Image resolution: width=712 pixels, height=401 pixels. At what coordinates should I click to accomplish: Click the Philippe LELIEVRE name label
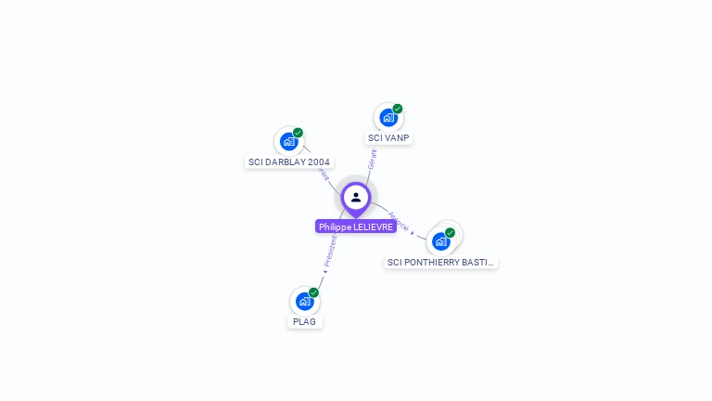356,226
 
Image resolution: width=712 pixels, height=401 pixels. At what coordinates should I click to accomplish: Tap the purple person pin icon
356,198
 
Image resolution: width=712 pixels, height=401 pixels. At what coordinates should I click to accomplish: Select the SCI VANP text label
388,138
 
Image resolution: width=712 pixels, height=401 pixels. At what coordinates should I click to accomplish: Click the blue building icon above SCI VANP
388,118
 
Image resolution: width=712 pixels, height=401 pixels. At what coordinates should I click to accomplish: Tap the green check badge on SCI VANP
398,109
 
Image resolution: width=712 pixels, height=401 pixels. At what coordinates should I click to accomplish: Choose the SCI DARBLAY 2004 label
289,162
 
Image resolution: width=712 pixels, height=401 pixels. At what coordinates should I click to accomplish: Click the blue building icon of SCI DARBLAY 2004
288,142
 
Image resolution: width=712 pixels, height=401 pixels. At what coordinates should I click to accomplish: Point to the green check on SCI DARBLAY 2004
299,133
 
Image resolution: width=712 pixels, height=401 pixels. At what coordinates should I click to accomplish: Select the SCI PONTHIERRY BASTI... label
440,263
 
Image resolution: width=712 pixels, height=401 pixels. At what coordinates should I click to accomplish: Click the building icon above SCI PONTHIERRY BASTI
440,241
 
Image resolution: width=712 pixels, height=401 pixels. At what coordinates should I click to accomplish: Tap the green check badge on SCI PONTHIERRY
451,232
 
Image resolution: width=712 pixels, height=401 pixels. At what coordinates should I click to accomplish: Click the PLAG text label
304,322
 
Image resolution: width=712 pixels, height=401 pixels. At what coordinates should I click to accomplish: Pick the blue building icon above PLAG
304,302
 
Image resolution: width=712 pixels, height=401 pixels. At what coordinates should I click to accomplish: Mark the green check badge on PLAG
314,292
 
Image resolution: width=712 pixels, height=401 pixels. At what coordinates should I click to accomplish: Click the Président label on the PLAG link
330,252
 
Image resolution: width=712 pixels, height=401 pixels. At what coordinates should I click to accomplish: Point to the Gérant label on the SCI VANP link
373,158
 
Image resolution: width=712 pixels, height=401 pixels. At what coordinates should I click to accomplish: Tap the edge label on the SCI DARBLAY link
323,172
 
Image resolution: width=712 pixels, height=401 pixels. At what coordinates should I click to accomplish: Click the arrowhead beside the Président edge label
324,272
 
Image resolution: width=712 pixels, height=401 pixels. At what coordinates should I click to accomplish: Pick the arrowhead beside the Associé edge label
413,232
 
